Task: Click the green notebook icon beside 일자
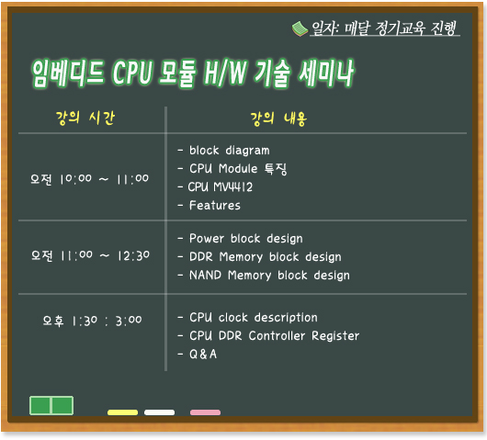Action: point(300,28)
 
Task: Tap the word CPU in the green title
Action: point(132,73)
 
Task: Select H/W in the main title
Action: point(225,73)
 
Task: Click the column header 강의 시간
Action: point(85,118)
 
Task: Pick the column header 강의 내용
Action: point(278,118)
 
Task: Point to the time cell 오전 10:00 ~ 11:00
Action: point(89,179)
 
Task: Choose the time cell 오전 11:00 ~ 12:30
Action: point(90,255)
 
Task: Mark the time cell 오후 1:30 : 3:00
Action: point(92,321)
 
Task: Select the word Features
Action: point(215,205)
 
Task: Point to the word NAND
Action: point(205,276)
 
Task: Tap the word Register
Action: point(335,335)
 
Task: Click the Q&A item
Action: point(203,354)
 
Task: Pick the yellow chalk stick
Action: point(123,412)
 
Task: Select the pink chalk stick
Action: point(205,412)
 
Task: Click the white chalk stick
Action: point(159,412)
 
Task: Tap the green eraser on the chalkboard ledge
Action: point(51,405)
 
